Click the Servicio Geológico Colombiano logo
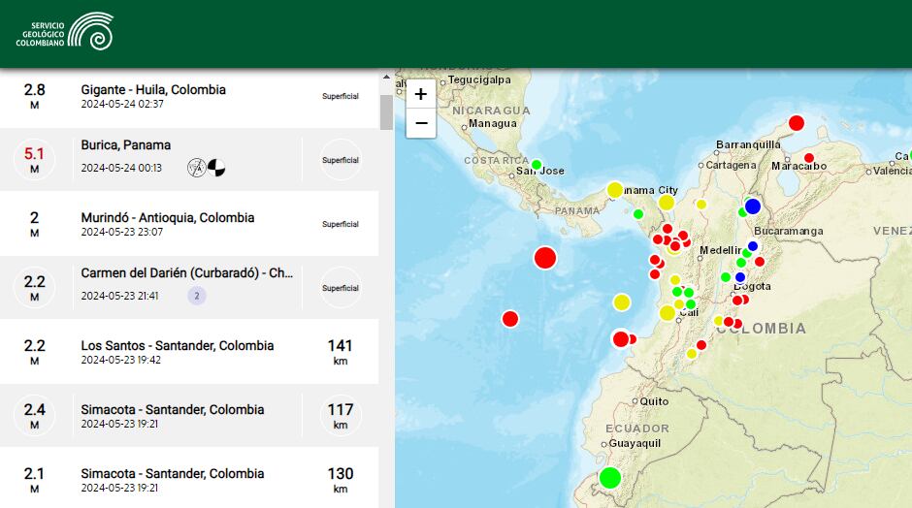coord(65,32)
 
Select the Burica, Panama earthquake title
coord(126,145)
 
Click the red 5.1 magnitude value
coord(35,152)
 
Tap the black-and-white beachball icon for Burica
coord(215,168)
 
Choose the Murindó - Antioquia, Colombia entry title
coord(168,218)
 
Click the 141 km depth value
coord(340,346)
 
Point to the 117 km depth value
coord(340,410)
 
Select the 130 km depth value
coord(340,474)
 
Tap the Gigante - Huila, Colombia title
coord(153,90)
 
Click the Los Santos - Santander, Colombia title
coord(178,346)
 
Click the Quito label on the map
coord(654,401)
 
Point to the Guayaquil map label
coord(635,443)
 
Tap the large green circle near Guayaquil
coord(609,477)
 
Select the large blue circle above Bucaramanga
coord(752,206)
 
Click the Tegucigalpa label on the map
coord(478,80)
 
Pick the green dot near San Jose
coord(536,164)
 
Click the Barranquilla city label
coord(747,145)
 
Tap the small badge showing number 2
coord(197,296)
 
